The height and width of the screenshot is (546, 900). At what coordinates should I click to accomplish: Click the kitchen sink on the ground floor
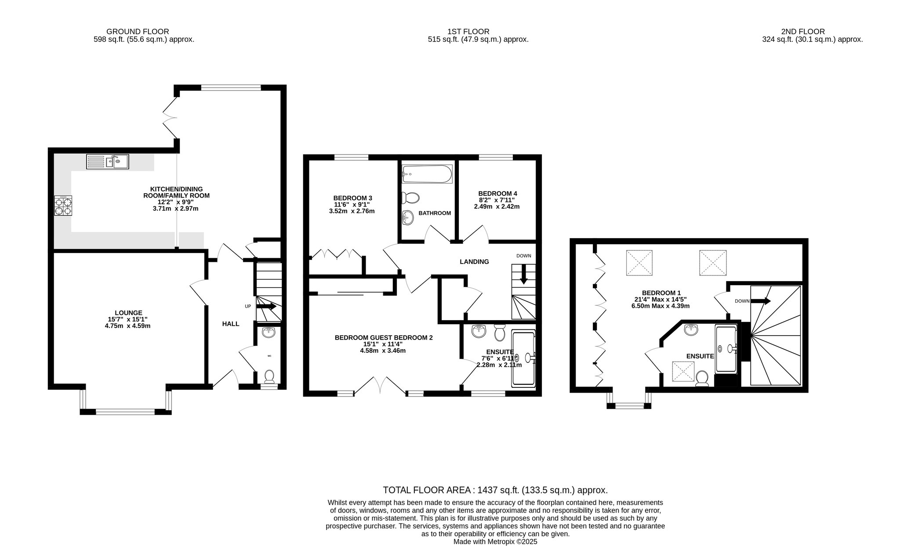[108, 162]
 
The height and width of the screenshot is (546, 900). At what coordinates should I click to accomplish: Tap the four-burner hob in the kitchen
[63, 206]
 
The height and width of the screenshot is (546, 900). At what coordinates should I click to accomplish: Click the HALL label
[231, 324]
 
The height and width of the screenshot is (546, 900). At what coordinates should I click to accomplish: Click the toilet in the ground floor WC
[269, 376]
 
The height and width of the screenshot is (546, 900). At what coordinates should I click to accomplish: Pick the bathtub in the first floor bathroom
[427, 174]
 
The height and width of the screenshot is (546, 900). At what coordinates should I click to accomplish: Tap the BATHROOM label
[435, 213]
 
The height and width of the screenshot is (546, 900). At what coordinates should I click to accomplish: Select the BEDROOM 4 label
[497, 193]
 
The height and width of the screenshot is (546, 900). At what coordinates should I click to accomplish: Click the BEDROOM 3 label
[352, 198]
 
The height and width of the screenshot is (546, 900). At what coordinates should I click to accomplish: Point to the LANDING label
[474, 262]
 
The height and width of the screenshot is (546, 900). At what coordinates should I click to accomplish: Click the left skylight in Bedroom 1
[639, 263]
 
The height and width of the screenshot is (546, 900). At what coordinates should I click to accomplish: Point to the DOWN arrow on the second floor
[761, 301]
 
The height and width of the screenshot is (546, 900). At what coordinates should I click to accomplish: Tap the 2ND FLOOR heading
[803, 32]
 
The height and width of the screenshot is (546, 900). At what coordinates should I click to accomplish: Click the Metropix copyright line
[495, 542]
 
